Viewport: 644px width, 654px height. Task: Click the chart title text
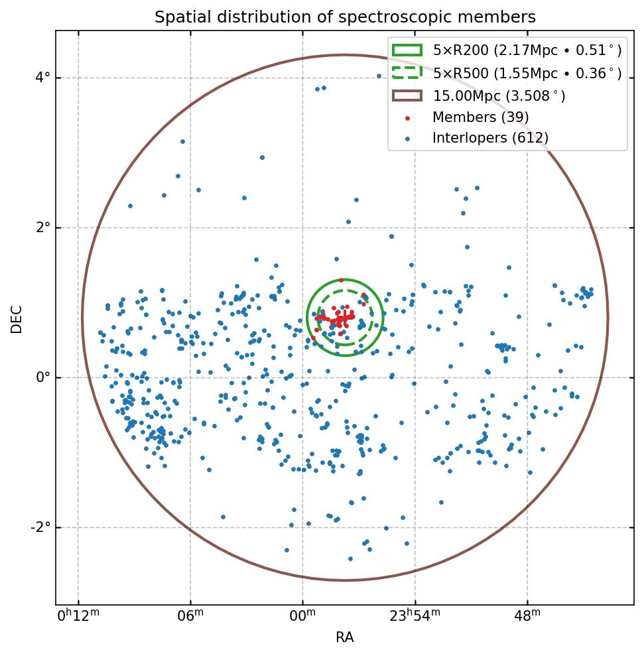pos(345,17)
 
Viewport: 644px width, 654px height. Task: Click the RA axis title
pos(345,637)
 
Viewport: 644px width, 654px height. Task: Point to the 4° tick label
pos(42,78)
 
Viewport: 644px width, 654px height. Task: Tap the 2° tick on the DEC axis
pos(42,228)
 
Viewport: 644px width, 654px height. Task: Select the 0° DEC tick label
pos(42,377)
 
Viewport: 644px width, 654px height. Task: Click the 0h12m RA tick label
pos(78,616)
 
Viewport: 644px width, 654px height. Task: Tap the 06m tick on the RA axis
pos(190,616)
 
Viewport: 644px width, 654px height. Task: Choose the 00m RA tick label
pos(302,616)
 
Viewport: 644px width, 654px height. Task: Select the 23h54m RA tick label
pos(415,616)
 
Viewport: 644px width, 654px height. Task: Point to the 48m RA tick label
pos(527,616)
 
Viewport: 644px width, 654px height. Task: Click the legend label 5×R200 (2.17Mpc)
pos(527,50)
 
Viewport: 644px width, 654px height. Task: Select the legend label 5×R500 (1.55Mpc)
pos(527,73)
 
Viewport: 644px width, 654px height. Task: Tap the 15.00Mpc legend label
pos(499,96)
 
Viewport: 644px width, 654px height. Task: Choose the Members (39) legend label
pos(480,117)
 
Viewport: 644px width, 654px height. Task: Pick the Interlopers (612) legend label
pos(490,138)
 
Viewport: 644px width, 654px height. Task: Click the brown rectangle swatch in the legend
pos(407,96)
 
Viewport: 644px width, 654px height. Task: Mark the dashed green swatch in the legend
pos(407,72)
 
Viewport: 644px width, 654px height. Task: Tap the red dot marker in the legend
pos(407,118)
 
